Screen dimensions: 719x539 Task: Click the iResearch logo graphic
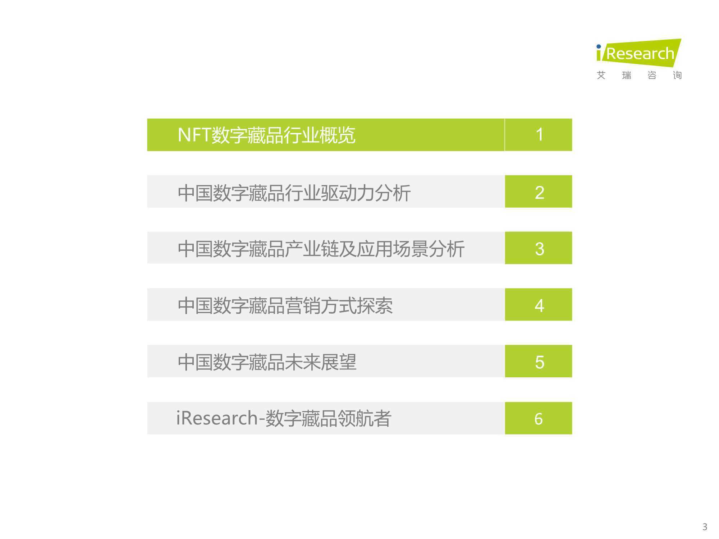(638, 53)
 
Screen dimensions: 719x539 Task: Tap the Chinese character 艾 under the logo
(601, 75)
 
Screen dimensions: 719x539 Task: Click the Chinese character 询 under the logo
(677, 75)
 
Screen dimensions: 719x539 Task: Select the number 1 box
(539, 135)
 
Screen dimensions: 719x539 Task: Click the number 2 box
(539, 192)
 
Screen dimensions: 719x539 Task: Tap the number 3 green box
(539, 248)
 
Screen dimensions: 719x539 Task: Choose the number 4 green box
(539, 304)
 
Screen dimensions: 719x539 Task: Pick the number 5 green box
(539, 361)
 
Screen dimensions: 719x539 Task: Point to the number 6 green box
(539, 418)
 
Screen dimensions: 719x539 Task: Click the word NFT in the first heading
(194, 135)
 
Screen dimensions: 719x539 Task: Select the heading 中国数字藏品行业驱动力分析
(294, 193)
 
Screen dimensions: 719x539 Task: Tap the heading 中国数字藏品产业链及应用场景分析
(321, 249)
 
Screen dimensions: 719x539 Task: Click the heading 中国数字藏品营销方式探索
(285, 306)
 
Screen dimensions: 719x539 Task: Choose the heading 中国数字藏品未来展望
(267, 362)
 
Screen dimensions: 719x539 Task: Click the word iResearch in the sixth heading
(217, 418)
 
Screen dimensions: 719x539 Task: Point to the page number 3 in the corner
(705, 527)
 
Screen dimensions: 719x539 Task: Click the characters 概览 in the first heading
(338, 135)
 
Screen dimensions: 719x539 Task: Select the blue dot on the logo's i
(599, 46)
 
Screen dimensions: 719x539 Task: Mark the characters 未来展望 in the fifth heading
(321, 362)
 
